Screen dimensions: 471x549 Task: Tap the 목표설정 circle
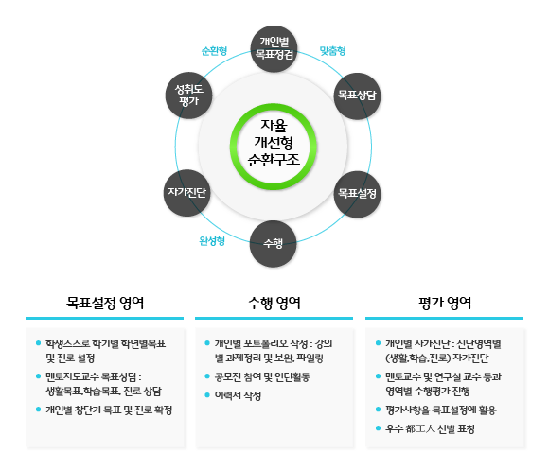[357, 193]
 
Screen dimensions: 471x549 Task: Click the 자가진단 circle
[187, 193]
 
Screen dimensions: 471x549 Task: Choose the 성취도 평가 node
[187, 95]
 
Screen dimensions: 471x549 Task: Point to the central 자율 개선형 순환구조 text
[274, 144]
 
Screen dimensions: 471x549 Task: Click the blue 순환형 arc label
[215, 50]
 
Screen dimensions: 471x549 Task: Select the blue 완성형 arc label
[212, 240]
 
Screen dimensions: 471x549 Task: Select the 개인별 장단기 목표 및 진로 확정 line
[109, 410]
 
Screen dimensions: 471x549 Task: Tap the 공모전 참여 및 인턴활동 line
[269, 376]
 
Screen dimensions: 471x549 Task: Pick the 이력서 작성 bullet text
[238, 394]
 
